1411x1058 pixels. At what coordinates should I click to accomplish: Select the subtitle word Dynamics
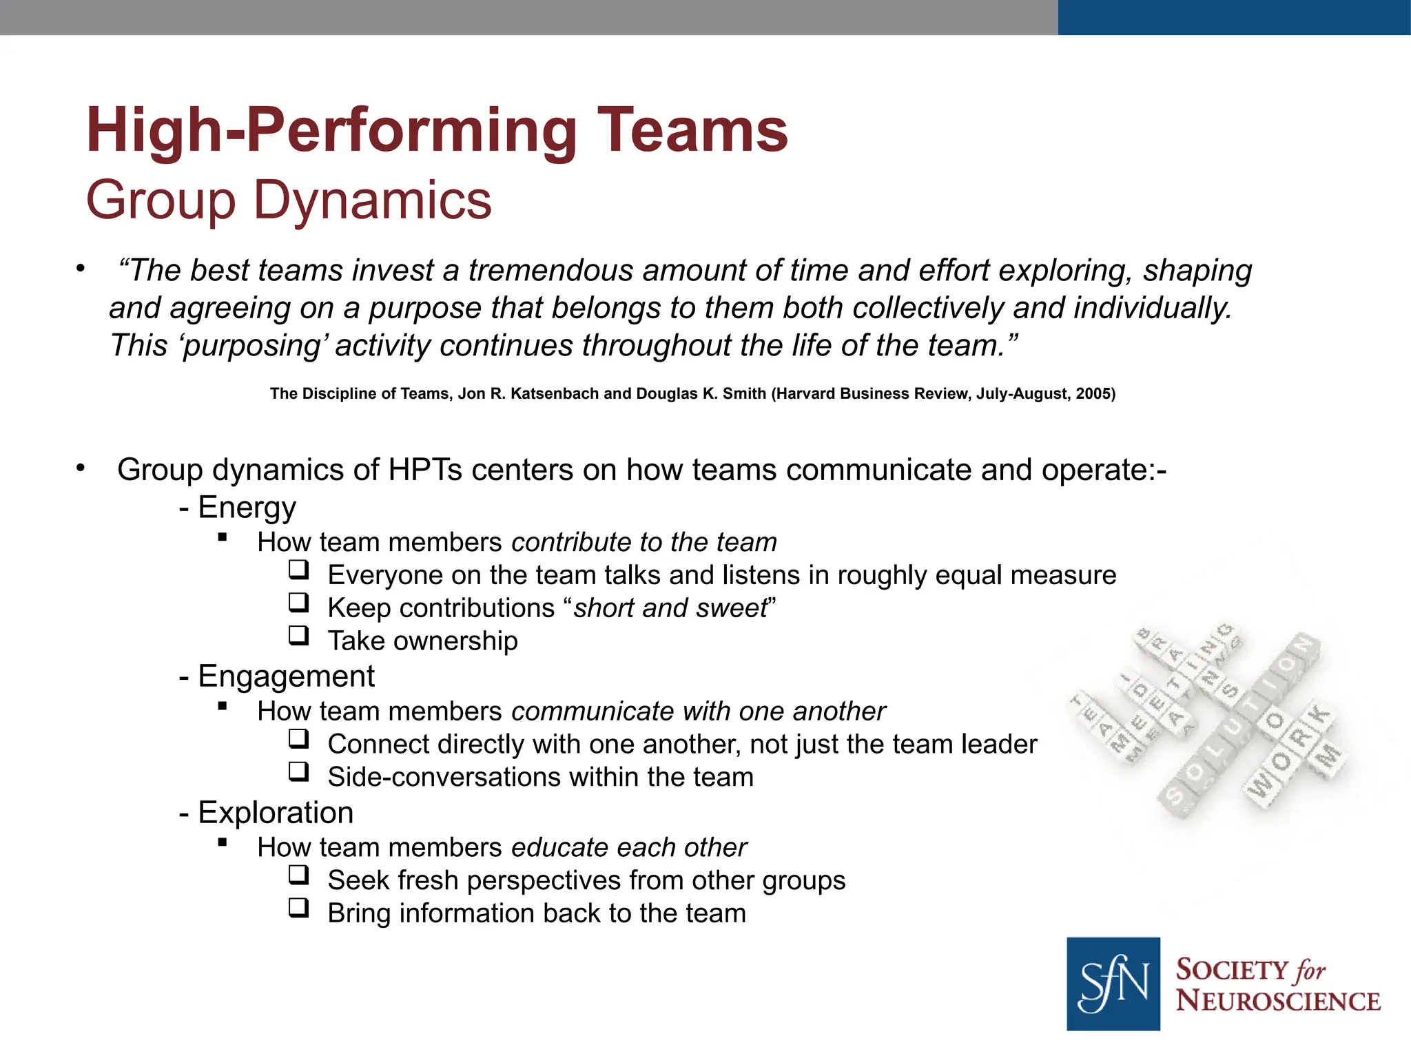(x=373, y=200)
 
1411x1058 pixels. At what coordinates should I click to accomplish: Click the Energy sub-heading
(x=247, y=508)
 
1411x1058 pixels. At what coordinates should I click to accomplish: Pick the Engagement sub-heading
(x=286, y=676)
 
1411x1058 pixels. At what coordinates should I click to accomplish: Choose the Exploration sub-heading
(x=276, y=813)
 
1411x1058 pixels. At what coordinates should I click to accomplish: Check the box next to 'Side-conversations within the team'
(x=298, y=771)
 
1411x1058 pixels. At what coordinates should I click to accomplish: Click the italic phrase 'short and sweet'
(x=670, y=608)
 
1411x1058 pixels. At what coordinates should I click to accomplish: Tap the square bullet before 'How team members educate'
(x=222, y=842)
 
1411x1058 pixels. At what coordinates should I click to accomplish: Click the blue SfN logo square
(x=1113, y=984)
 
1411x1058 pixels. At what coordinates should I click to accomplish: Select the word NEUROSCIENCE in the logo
(x=1277, y=1002)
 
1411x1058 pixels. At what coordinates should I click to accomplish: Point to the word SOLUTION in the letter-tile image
(x=1240, y=723)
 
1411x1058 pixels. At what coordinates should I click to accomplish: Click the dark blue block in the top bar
(x=1233, y=17)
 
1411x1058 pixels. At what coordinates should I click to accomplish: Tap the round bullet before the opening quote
(x=81, y=269)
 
